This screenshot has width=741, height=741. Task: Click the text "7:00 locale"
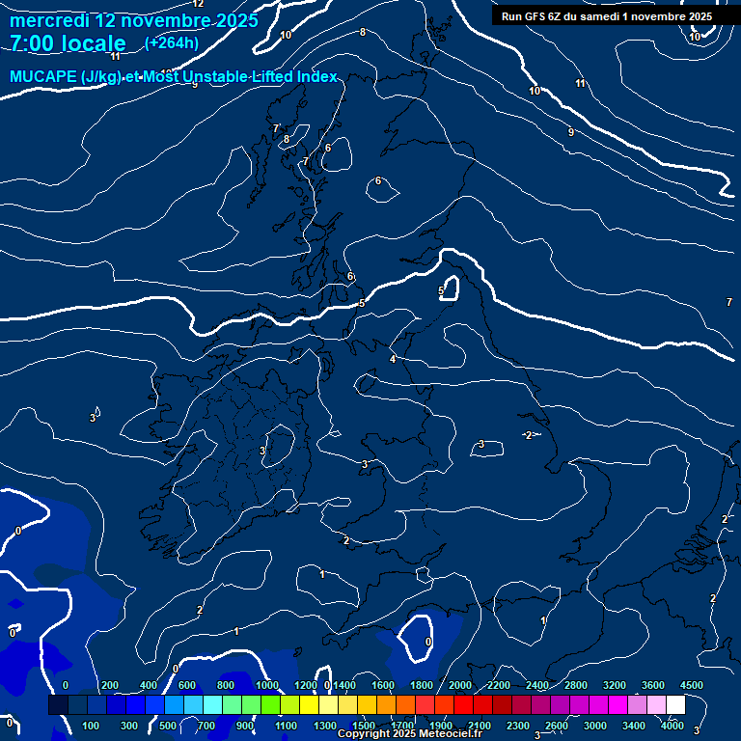coord(68,43)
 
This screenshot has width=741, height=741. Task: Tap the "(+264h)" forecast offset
coord(172,42)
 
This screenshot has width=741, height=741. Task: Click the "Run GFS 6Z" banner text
coord(540,16)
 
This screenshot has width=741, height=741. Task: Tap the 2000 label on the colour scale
coord(460,685)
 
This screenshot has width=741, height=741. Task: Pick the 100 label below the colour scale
coord(92,726)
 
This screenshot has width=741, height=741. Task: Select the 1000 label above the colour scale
coord(267,685)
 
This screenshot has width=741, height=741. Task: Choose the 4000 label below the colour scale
coord(672,726)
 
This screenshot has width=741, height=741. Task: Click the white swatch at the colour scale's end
coord(675,705)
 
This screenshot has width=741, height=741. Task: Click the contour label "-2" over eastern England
coord(528,436)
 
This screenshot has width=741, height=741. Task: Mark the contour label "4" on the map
coord(393,359)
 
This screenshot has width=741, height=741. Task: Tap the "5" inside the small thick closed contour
coord(441,290)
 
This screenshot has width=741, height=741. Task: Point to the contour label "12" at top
coord(198,4)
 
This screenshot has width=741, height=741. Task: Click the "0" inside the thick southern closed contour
coord(428,641)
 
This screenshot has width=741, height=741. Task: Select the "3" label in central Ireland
coord(262,451)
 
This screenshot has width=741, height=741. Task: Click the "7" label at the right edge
coord(728,303)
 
